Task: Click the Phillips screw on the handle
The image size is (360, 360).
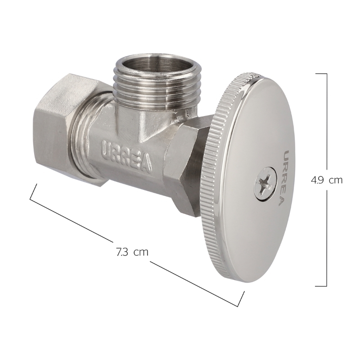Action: point(265,184)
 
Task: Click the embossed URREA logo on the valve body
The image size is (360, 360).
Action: point(127,156)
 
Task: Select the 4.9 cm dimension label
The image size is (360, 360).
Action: point(327,180)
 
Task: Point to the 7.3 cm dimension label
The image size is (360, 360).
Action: point(132,252)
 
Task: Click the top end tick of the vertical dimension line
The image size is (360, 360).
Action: point(321,74)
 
